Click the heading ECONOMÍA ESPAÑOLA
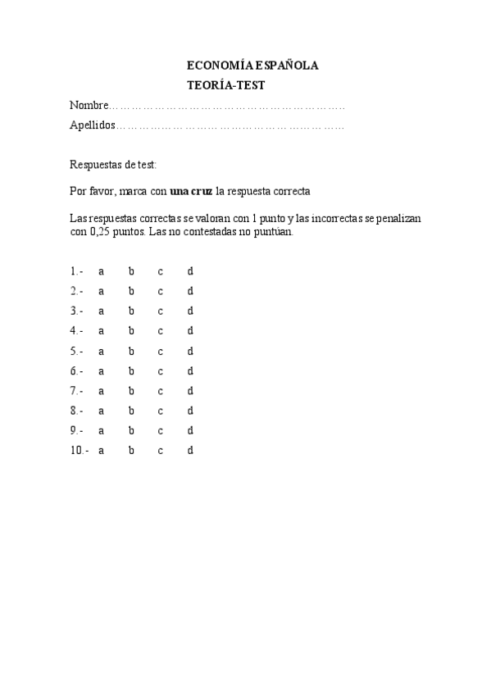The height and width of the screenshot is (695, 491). (252, 66)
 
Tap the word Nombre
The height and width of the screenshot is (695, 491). (89, 106)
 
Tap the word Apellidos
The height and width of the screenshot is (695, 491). (93, 126)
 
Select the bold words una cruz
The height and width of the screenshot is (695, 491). (191, 192)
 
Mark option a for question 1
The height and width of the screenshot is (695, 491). (101, 271)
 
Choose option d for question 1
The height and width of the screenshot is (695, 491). (190, 271)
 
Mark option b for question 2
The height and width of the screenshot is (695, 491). (131, 291)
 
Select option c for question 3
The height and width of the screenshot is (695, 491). (161, 311)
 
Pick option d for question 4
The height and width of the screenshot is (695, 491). (190, 331)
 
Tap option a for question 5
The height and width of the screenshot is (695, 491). (101, 352)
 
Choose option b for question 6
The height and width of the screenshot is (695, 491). (131, 371)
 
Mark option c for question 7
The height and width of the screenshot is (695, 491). (161, 391)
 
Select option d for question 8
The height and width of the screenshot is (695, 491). (190, 411)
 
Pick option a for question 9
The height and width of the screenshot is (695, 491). (101, 431)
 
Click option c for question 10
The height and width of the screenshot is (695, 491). (161, 451)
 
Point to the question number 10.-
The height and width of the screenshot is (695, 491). (80, 451)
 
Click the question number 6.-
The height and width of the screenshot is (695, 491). (76, 371)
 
